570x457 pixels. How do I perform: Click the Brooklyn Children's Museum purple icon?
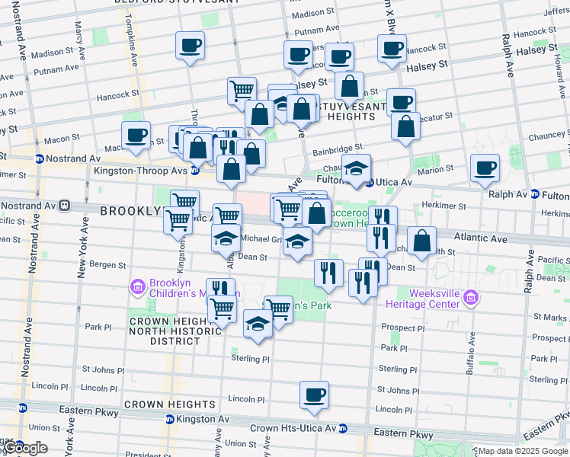tap(138, 287)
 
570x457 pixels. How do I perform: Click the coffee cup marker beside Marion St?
tap(485, 168)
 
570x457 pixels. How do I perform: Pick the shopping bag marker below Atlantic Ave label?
tap(421, 241)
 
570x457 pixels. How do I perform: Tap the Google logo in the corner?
tap(24, 448)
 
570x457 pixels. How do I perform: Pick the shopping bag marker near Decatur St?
tap(405, 127)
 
